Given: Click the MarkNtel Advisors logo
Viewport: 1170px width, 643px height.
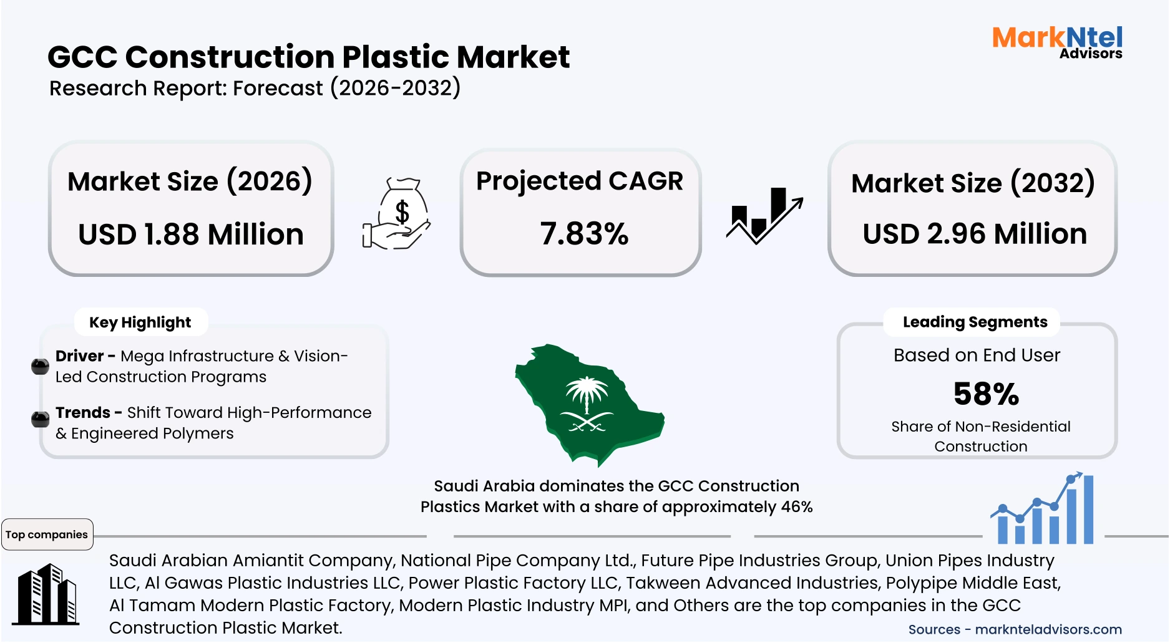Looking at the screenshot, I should coord(1057,42).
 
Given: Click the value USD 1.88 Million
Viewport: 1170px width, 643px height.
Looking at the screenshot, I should coord(191,234).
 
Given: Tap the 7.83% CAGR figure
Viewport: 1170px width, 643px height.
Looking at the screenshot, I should coord(584,234).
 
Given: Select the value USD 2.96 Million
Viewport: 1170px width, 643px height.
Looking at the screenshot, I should coord(975,234).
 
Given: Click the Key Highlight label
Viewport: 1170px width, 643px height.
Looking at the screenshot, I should coord(140,322).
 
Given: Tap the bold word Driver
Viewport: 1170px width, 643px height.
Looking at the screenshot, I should coord(79,356).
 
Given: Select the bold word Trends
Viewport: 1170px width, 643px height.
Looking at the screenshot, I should coord(82,413).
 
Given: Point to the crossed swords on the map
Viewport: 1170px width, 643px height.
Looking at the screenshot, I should coord(586,423).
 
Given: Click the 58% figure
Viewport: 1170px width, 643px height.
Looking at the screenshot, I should coord(986,394).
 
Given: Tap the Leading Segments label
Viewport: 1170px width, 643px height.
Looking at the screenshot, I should coord(975,322).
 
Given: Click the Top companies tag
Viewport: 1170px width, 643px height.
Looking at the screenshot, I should coord(47,534).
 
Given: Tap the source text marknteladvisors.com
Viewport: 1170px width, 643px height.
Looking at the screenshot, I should coord(1048,630).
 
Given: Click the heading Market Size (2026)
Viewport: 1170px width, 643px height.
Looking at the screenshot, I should coord(190,181).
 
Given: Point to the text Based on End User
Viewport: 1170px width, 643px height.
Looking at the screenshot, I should coord(977,355).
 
